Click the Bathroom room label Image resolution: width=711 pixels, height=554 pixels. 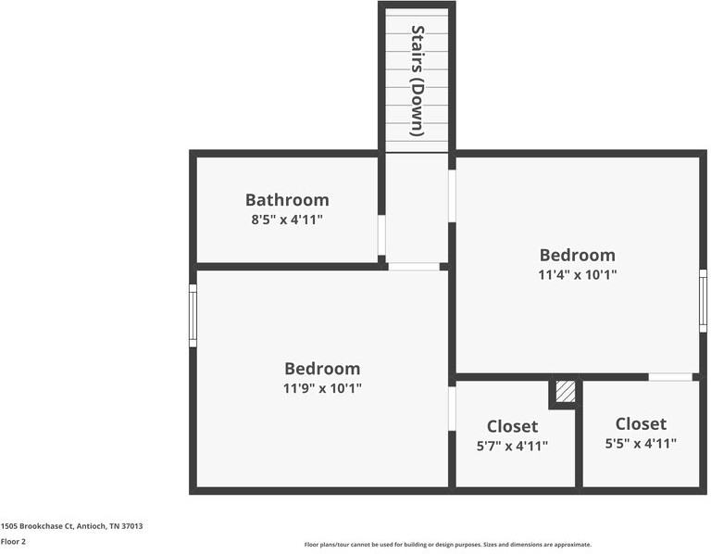287,199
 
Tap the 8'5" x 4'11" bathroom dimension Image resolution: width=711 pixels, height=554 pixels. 287,220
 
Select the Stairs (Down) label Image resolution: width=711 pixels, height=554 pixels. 418,81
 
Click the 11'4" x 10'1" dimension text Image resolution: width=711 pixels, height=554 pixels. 578,274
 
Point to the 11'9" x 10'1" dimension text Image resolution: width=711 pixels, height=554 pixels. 322,388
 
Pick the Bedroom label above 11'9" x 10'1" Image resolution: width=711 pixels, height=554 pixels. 322,368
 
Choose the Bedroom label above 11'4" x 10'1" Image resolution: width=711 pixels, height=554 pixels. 578,255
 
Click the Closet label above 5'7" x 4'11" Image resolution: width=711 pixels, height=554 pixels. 512,426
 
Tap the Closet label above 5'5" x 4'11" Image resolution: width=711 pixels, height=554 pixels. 641,423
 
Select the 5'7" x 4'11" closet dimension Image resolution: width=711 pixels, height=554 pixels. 512,446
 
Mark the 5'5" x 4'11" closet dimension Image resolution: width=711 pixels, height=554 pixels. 641,444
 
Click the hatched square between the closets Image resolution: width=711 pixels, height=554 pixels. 565,392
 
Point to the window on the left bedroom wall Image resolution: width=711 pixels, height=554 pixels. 193,315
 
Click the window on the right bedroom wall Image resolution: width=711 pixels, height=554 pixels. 704,300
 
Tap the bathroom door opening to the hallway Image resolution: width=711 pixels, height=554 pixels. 381,235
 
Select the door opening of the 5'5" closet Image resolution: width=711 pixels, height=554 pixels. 670,377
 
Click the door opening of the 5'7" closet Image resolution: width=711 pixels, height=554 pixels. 452,409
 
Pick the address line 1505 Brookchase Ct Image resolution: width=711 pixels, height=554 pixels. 71,525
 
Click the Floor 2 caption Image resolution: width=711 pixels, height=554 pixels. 13,541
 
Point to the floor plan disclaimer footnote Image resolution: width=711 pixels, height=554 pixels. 448,545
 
